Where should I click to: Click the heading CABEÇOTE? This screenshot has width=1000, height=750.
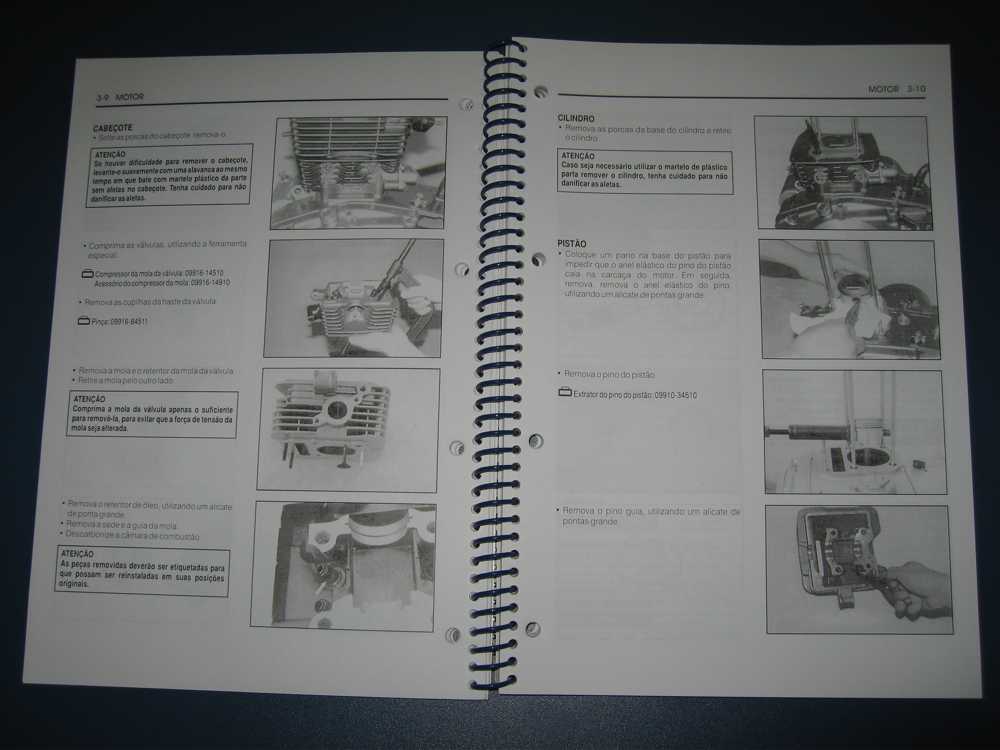pos(113,128)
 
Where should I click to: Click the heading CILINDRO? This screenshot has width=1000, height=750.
pos(576,118)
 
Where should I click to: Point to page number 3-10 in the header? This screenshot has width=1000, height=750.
pos(916,89)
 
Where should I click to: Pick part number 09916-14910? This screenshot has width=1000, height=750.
pos(210,283)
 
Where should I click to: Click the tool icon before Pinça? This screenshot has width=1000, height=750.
pos(84,321)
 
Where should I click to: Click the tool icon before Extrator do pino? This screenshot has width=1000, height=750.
pos(565,392)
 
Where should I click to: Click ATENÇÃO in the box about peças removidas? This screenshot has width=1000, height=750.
pos(77,554)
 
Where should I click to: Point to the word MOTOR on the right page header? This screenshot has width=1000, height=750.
pos(883,90)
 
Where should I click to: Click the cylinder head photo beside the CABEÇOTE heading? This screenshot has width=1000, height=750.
pos(358,173)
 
